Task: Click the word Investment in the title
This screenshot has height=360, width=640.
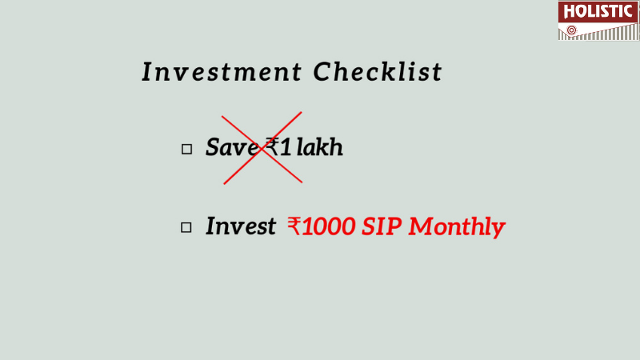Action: [x=222, y=72]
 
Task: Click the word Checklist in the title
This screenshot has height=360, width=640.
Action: [x=378, y=71]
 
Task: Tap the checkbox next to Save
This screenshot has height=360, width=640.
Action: [x=186, y=149]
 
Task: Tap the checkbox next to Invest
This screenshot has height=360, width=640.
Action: [x=186, y=227]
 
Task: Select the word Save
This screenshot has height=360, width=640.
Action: [x=232, y=147]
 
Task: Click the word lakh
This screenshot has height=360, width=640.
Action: [x=319, y=147]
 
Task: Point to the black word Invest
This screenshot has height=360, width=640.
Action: [x=241, y=226]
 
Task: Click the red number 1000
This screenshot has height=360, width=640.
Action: [x=329, y=226]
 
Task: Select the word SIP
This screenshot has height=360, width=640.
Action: [x=382, y=226]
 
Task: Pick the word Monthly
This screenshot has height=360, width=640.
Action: [x=457, y=227]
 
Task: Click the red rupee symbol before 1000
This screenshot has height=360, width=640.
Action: [x=294, y=226]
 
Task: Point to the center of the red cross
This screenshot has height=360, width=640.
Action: [x=262, y=149]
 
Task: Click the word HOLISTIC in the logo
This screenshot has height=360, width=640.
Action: [x=598, y=11]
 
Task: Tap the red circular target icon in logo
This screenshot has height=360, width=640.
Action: [x=572, y=30]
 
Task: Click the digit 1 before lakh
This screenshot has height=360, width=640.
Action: [x=286, y=147]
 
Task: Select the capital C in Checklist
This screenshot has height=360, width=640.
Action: [x=322, y=72]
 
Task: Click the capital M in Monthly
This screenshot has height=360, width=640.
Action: [x=423, y=226]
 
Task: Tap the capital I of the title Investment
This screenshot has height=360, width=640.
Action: [x=147, y=72]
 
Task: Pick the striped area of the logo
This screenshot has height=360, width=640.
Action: [x=604, y=33]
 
